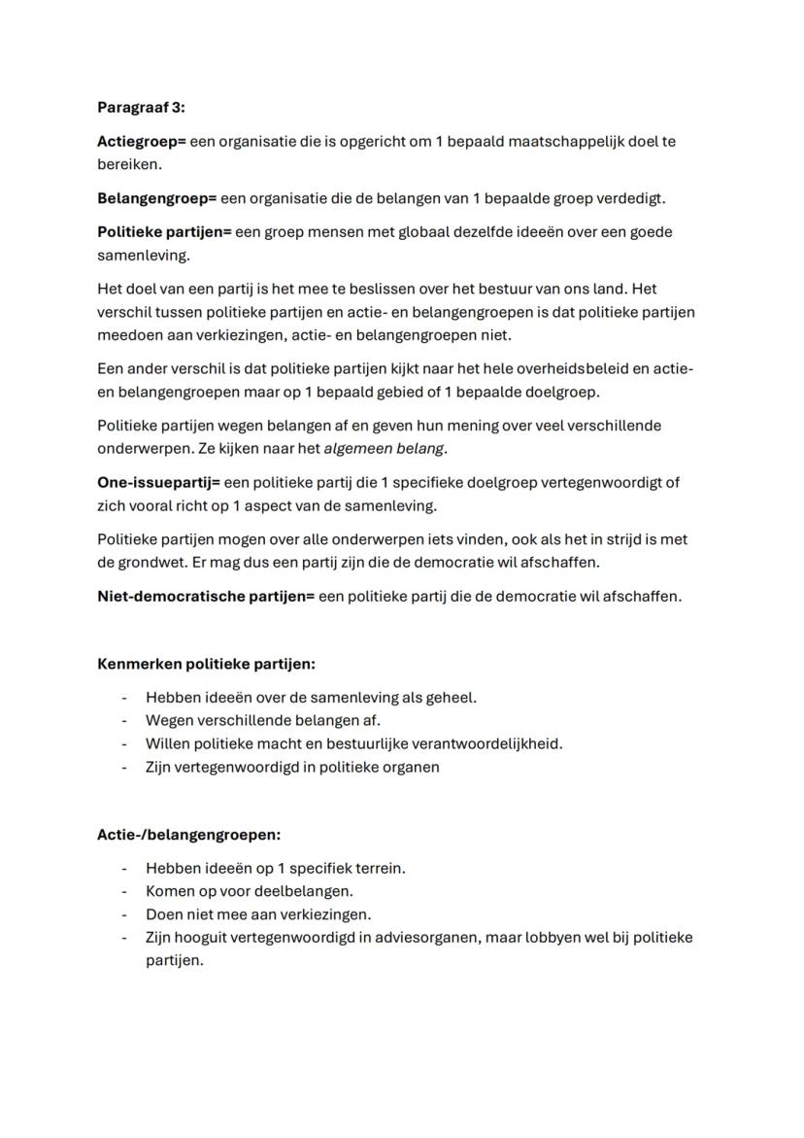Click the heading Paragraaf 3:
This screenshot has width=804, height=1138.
pos(141,108)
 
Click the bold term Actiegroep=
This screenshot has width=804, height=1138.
pos(141,142)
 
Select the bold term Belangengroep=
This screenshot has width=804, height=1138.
pos(156,198)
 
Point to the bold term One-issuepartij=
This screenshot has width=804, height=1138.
pos(159,482)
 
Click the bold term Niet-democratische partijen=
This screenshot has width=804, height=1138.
pos(206,596)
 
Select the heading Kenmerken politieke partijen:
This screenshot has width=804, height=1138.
pos(206,664)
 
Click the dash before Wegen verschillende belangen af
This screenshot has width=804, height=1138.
pos(124,720)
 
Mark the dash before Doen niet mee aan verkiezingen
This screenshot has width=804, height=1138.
pos(124,914)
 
